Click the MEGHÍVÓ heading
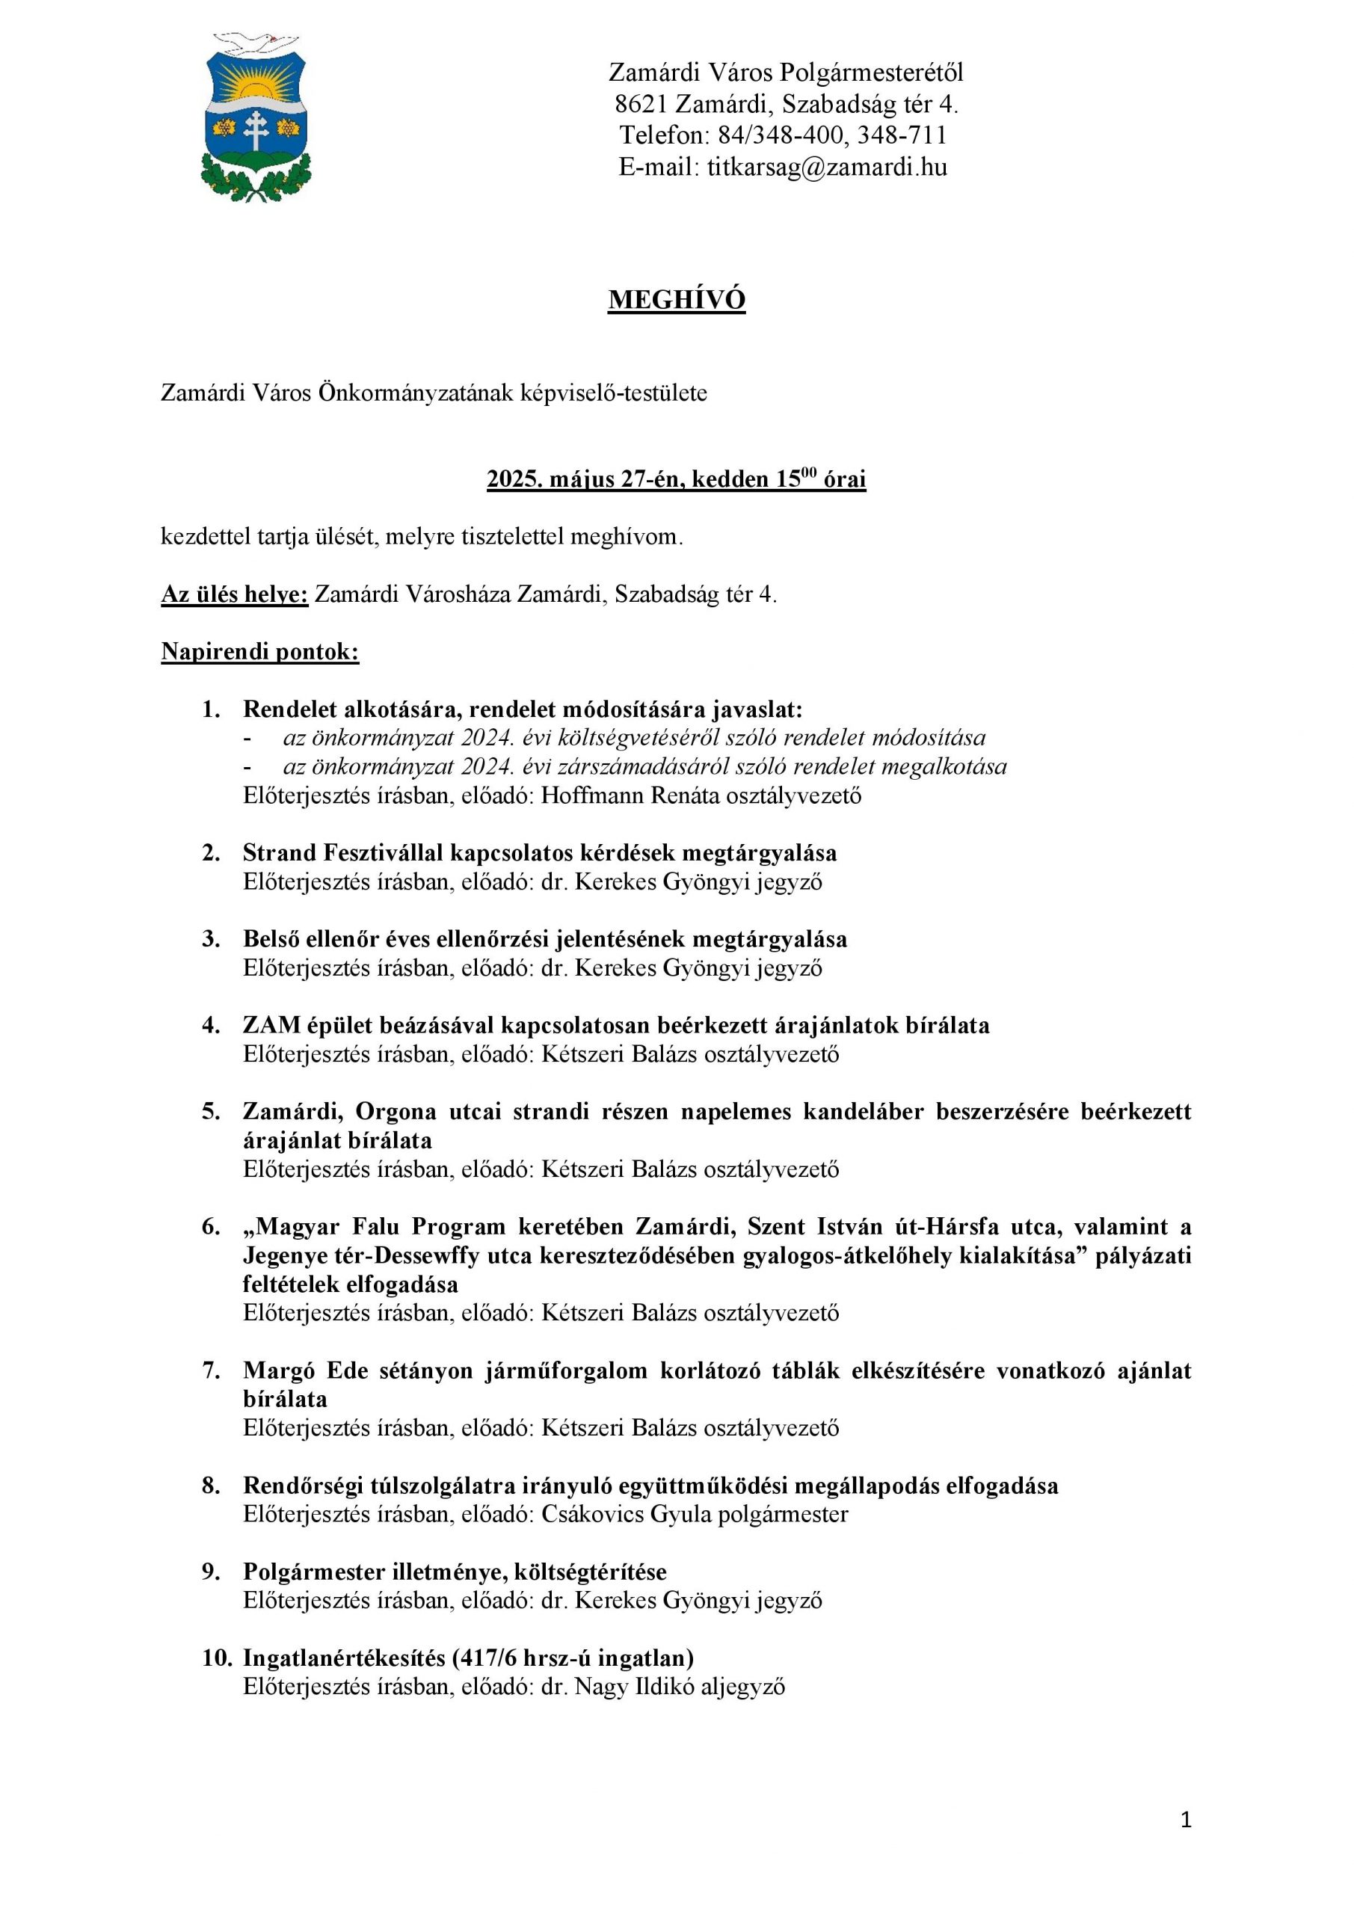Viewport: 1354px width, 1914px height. (x=676, y=300)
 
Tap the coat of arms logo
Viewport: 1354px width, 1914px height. (x=256, y=117)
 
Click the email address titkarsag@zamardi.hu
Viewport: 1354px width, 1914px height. (x=827, y=167)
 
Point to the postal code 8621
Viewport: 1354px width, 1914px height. (x=640, y=104)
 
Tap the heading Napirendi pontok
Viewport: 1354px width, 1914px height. (x=260, y=652)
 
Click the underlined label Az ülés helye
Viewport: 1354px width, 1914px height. (x=234, y=594)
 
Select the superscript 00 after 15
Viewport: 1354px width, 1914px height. (x=809, y=473)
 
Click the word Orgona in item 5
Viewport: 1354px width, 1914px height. (x=396, y=1112)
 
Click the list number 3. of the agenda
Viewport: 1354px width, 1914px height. (x=211, y=940)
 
